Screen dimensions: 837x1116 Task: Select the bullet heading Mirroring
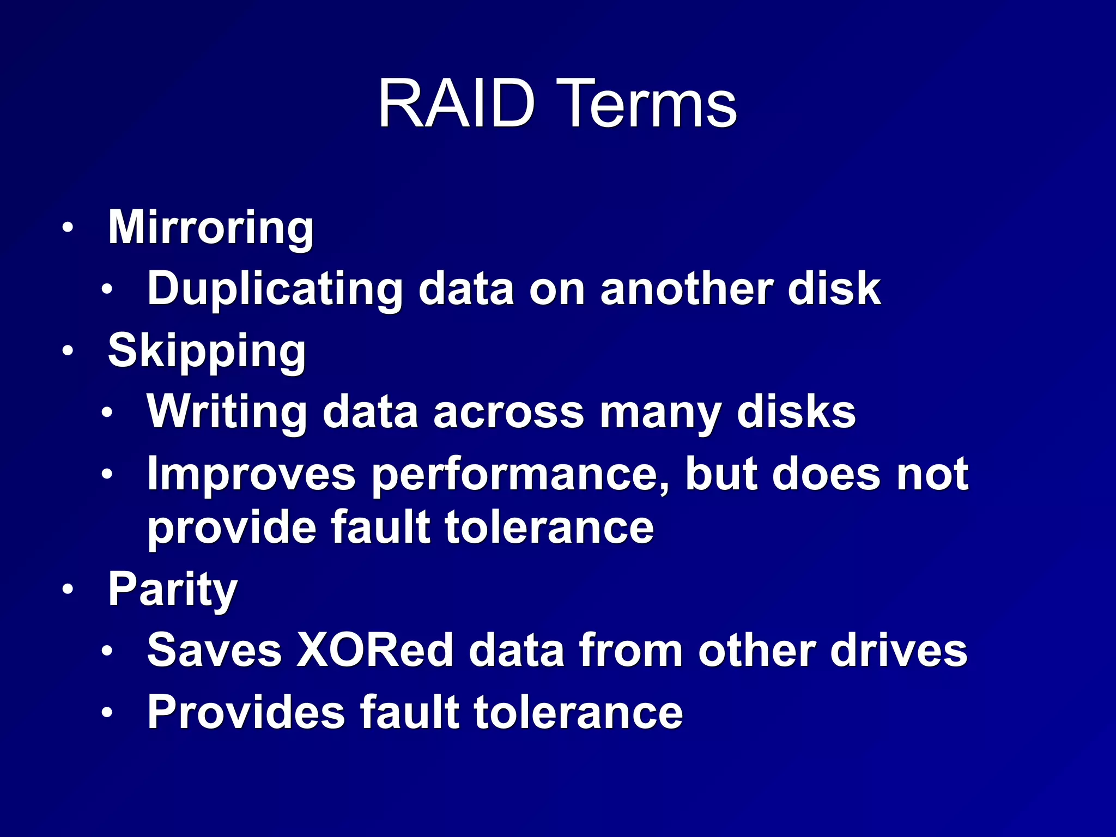tap(211, 228)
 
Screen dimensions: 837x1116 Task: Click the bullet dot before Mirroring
tap(67, 228)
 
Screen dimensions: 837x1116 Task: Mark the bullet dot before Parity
tap(67, 589)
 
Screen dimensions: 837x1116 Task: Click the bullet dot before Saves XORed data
tap(107, 651)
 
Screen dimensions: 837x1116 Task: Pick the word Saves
tap(214, 650)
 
